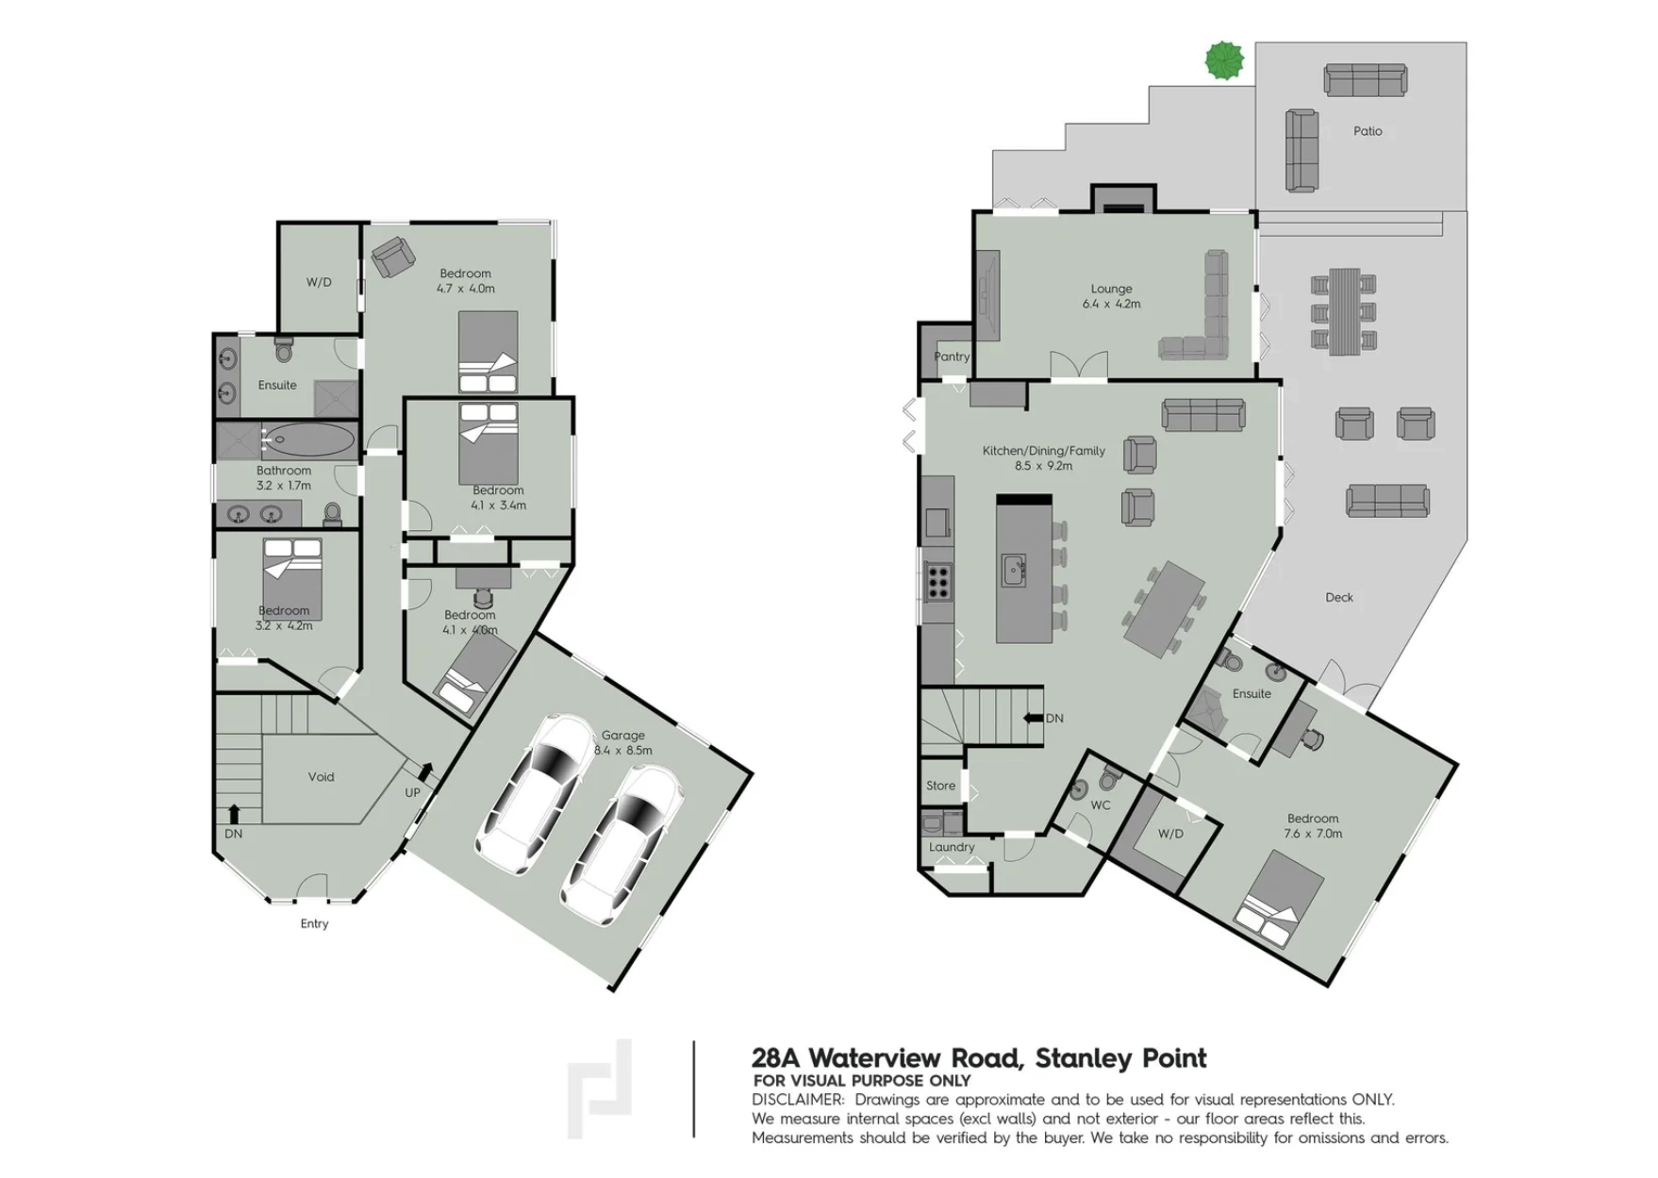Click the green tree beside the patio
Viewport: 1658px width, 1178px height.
pyautogui.click(x=1224, y=61)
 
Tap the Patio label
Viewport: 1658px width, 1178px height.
pyautogui.click(x=1368, y=131)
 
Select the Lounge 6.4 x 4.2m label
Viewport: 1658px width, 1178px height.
pyautogui.click(x=1111, y=296)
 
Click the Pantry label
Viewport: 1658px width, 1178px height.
pyautogui.click(x=952, y=357)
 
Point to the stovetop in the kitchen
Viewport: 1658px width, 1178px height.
pyautogui.click(x=937, y=582)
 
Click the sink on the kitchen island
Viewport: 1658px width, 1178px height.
pyautogui.click(x=1014, y=571)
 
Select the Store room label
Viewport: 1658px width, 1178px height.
pyautogui.click(x=940, y=786)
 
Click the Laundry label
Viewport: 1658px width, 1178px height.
pyautogui.click(x=952, y=847)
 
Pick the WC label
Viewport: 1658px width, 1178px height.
pyautogui.click(x=1101, y=805)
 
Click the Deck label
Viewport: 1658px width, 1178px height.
pyautogui.click(x=1339, y=597)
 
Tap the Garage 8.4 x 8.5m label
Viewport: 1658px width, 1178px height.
pyautogui.click(x=622, y=743)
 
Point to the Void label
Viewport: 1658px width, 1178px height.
pyautogui.click(x=321, y=777)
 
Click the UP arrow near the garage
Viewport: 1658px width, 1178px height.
pyautogui.click(x=425, y=772)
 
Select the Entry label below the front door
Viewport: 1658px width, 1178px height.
pyautogui.click(x=314, y=923)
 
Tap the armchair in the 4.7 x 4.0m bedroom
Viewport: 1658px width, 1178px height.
pyautogui.click(x=392, y=257)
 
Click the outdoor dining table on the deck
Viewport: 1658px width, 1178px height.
pyautogui.click(x=1344, y=311)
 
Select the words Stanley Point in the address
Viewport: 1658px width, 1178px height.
pyautogui.click(x=1120, y=1058)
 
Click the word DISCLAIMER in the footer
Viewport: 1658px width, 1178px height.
pyautogui.click(x=798, y=1100)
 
